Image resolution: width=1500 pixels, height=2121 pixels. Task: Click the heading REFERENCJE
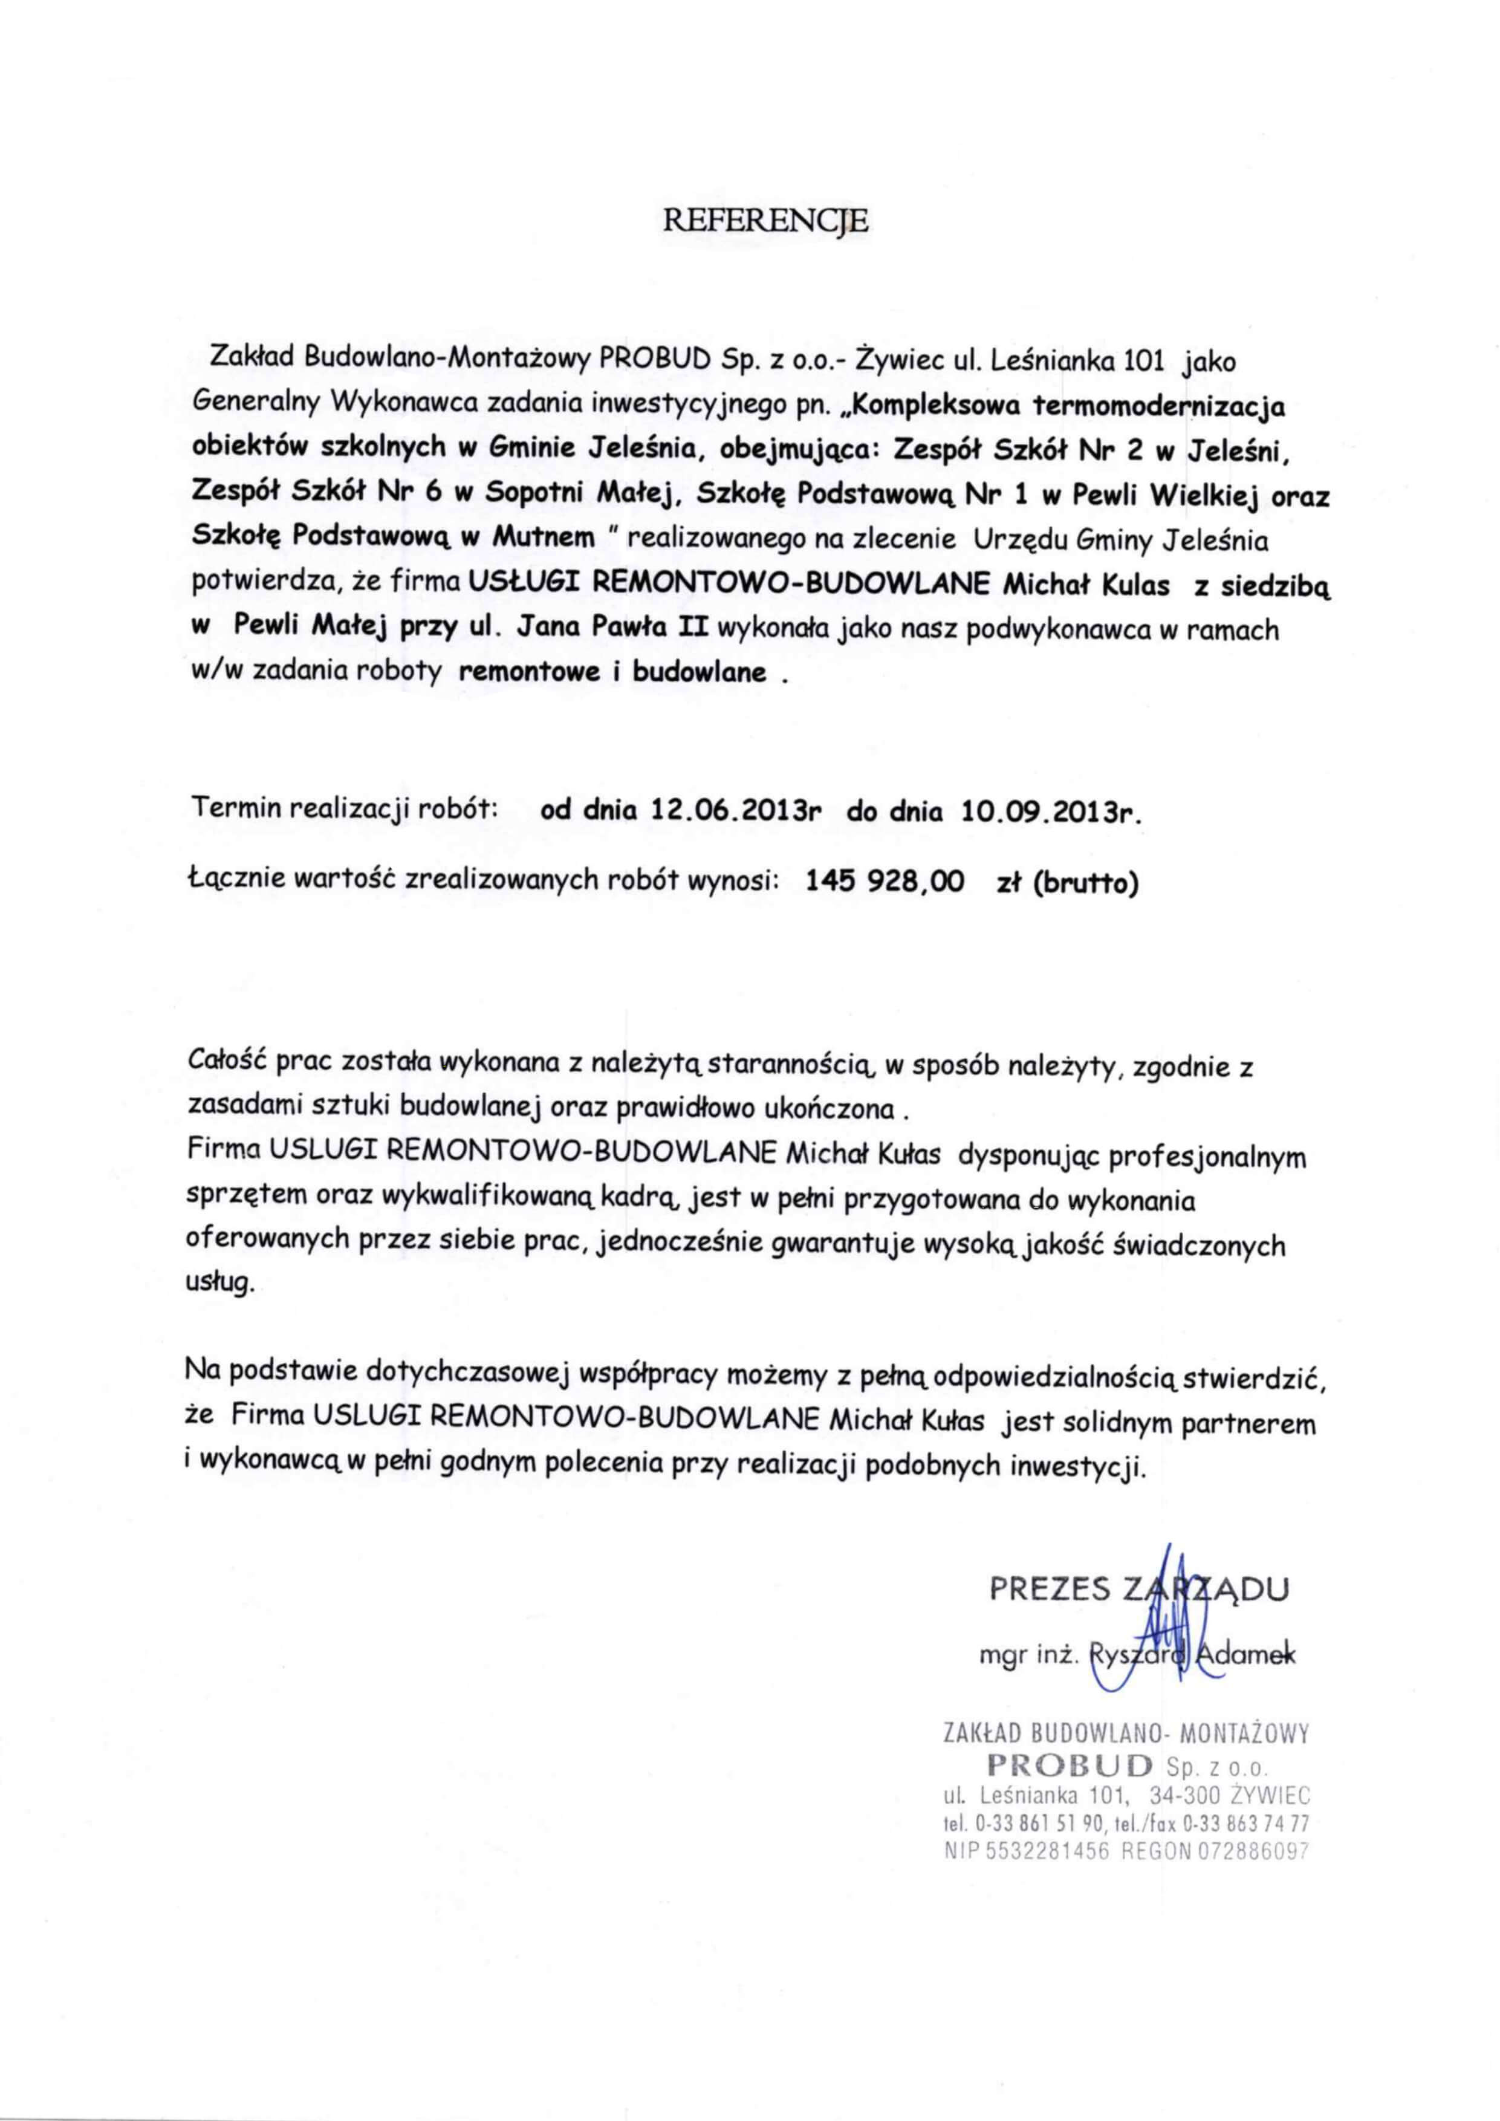[767, 221]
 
